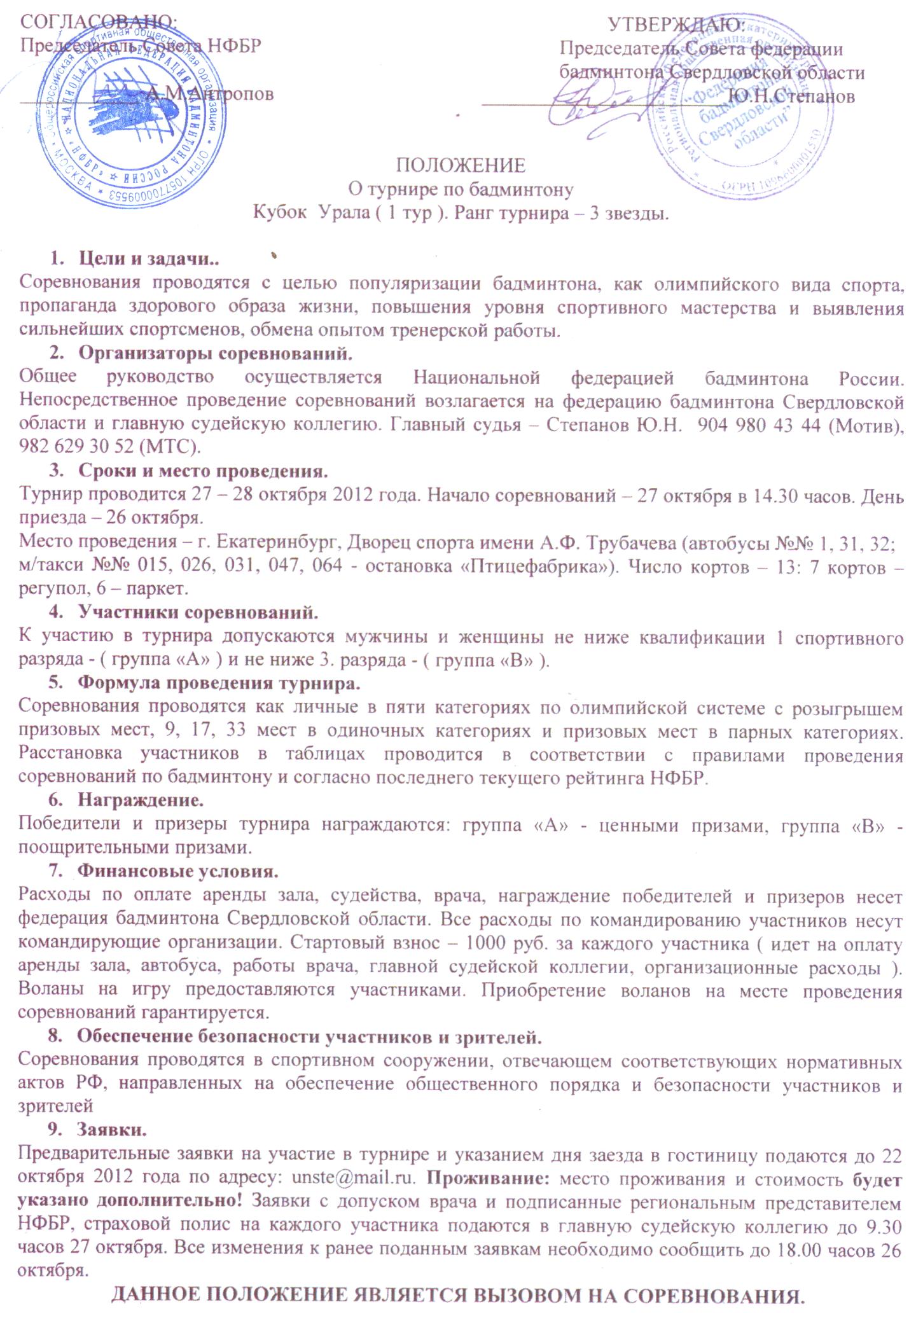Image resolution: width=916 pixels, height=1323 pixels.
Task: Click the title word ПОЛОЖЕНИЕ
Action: (x=461, y=165)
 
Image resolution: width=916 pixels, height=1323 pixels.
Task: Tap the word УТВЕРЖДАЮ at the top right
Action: (x=677, y=24)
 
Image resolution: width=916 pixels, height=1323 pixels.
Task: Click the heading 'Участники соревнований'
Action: (x=198, y=613)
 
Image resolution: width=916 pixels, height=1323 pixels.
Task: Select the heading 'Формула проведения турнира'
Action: (x=219, y=684)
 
